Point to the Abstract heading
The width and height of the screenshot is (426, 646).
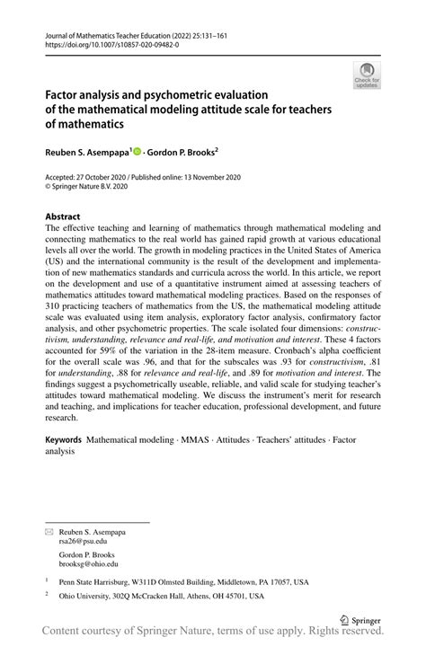click(x=62, y=217)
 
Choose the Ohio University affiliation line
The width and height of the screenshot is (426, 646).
click(x=161, y=596)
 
